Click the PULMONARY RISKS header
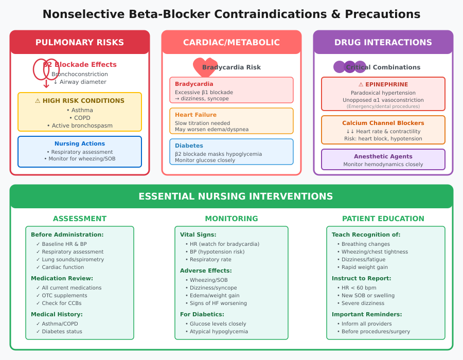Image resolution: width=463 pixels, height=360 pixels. tap(80, 43)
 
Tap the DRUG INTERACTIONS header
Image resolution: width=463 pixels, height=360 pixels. tap(383, 43)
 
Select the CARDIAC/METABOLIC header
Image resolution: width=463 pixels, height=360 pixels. tap(232, 43)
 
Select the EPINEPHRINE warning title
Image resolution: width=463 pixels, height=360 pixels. tap(383, 85)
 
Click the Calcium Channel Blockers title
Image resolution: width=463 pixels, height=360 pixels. tap(383, 123)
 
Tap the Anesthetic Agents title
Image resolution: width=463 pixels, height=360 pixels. tap(383, 156)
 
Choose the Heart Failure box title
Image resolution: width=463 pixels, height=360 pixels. tap(195, 115)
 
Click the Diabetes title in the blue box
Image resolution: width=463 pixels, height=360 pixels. tap(189, 146)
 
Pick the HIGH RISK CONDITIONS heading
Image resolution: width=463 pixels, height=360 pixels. tap(80, 101)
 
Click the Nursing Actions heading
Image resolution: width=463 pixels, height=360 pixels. tap(80, 144)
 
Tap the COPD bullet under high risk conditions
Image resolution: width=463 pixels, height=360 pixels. tap(80, 118)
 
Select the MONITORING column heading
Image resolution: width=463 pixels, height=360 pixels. tap(232, 219)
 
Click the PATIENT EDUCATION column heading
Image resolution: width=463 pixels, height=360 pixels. tap(383, 219)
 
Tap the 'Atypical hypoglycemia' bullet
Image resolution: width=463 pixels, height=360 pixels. tap(219, 332)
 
